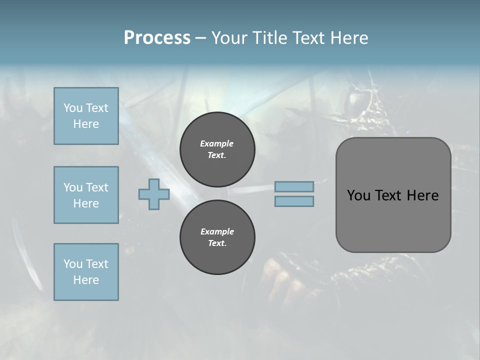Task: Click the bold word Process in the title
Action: point(157,38)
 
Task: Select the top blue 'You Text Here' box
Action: point(86,116)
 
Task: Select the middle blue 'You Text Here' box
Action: point(86,195)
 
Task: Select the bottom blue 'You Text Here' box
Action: point(86,272)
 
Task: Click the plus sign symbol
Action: point(154,194)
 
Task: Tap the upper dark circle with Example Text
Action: point(217,149)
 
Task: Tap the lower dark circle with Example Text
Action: point(217,237)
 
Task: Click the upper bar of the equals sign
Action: point(294,186)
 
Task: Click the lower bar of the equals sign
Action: point(294,201)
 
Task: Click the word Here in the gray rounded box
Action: point(422,195)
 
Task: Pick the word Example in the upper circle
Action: point(217,144)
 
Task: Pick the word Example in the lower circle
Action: point(217,232)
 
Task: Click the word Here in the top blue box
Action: point(86,124)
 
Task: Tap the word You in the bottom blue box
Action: point(73,264)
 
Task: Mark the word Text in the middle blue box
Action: point(96,187)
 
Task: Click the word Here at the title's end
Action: point(349,38)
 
